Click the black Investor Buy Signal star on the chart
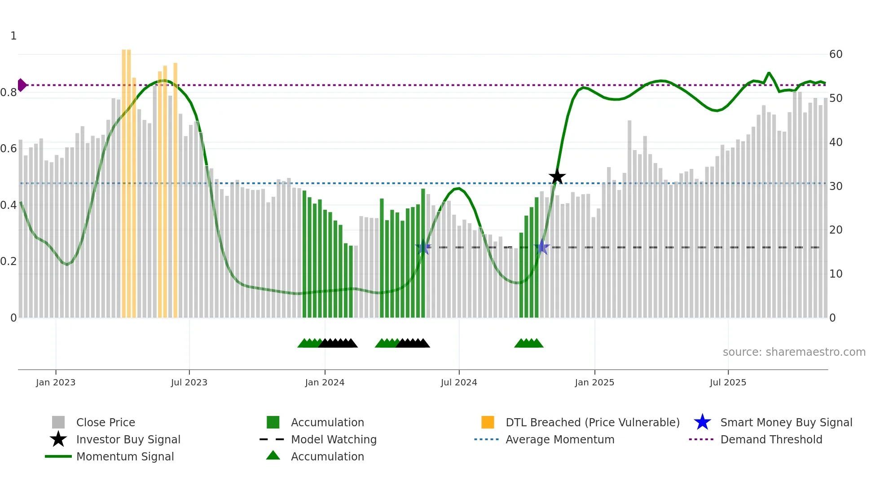pos(557,177)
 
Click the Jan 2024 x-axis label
pos(325,383)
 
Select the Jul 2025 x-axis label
pos(728,383)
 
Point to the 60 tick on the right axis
pos(836,54)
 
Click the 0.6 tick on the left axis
pos(9,149)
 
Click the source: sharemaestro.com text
pos(794,352)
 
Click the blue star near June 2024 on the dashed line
pos(423,247)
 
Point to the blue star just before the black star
pos(542,247)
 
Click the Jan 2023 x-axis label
pos(56,383)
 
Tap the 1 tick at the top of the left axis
pos(13,36)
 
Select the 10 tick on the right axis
pos(836,274)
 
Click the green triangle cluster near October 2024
pos(529,344)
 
